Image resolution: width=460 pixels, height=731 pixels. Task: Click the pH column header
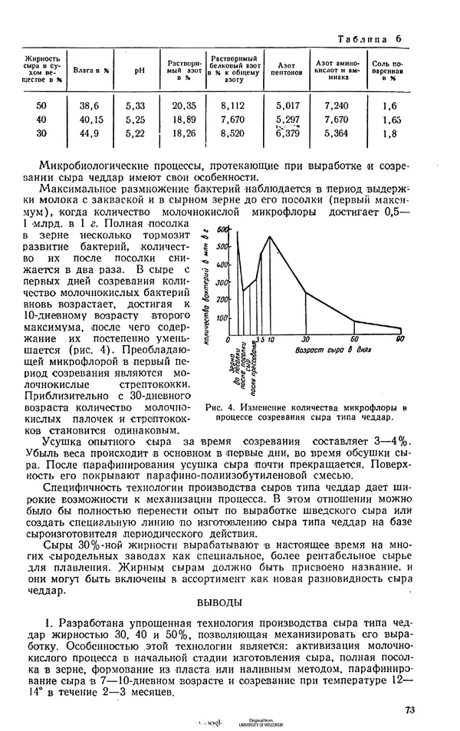(139, 70)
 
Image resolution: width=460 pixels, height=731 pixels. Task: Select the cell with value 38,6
(90, 106)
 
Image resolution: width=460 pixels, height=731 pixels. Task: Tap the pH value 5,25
(136, 120)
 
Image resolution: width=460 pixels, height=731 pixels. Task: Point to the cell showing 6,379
(288, 133)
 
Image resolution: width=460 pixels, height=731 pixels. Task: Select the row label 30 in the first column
(41, 133)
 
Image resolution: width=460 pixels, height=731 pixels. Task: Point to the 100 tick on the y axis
(223, 318)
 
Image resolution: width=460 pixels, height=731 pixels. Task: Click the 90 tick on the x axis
(399, 339)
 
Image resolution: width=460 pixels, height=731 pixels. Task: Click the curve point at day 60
(353, 321)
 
